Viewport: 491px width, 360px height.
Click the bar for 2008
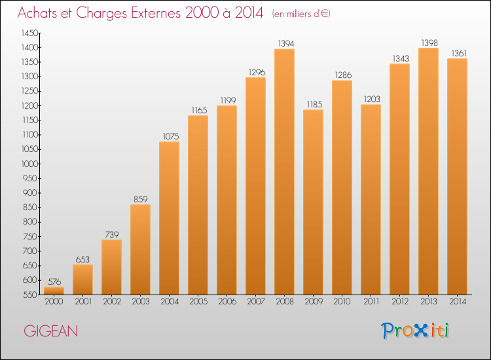click(x=284, y=171)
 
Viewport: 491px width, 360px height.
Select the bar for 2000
click(x=54, y=291)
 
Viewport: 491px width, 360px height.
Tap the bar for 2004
click(x=169, y=218)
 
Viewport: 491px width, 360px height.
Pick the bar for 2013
click(x=428, y=171)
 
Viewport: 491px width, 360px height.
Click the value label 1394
click(x=286, y=43)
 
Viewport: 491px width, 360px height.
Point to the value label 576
click(x=54, y=281)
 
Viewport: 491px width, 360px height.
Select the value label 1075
click(x=171, y=136)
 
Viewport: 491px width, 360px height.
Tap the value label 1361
click(x=459, y=53)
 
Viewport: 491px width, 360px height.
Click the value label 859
click(x=140, y=199)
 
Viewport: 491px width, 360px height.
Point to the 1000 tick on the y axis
click(x=29, y=164)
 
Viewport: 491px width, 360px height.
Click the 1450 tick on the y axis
click(x=29, y=33)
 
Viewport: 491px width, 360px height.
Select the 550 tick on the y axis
click(x=31, y=295)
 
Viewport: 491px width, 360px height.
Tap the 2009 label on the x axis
click(x=314, y=302)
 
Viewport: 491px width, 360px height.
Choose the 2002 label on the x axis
click(x=112, y=302)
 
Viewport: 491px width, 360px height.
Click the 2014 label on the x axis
click(x=458, y=302)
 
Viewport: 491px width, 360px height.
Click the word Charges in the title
click(x=101, y=13)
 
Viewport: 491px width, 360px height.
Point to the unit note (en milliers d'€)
click(x=301, y=14)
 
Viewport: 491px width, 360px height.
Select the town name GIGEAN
click(x=50, y=331)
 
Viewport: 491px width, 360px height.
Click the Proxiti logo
click(x=415, y=331)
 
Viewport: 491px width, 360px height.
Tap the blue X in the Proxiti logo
click(x=421, y=331)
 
